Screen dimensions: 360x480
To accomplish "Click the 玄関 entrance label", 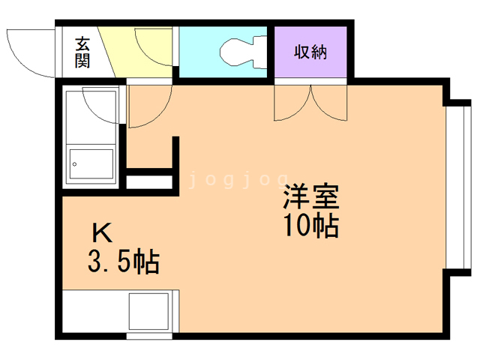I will [x=82, y=52].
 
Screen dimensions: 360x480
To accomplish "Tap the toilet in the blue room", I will [x=240, y=52].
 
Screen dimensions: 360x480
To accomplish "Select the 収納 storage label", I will [x=310, y=52].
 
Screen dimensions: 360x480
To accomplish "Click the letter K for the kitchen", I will [x=103, y=232].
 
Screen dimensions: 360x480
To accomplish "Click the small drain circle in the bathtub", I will [x=74, y=163].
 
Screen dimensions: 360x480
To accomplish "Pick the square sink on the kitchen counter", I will [x=149, y=310].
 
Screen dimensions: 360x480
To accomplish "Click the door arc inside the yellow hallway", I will [x=154, y=46].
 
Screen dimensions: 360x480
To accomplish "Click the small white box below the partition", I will [x=150, y=181].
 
